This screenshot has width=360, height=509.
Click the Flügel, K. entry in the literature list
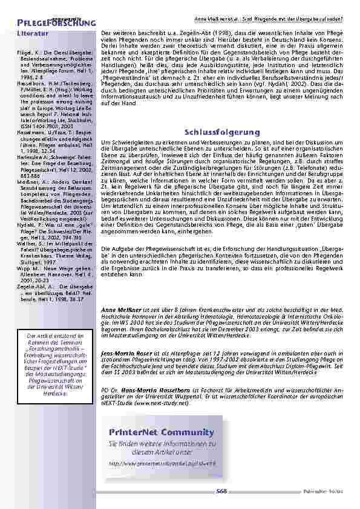click(30, 54)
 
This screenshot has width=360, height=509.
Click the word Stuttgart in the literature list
click(31, 263)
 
